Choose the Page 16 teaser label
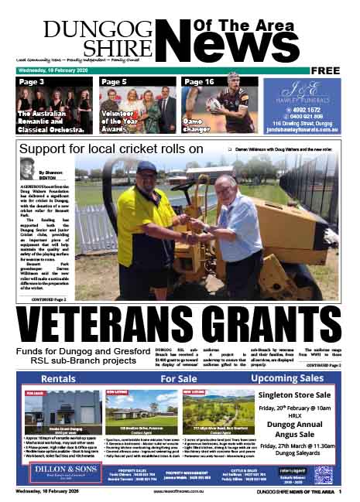point(200,81)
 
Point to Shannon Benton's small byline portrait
point(27,169)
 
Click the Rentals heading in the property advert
point(58,380)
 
